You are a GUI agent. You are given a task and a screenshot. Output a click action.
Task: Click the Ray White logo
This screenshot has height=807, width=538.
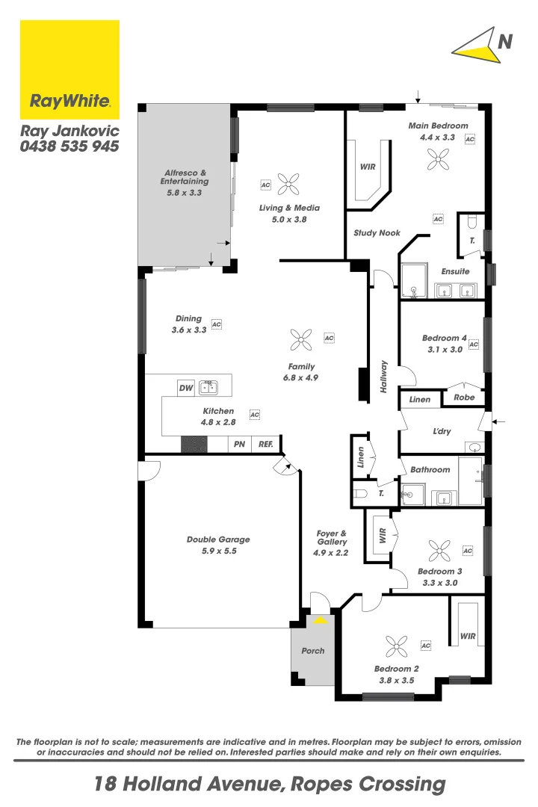click(69, 70)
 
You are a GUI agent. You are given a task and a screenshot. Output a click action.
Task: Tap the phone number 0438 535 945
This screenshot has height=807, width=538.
click(69, 147)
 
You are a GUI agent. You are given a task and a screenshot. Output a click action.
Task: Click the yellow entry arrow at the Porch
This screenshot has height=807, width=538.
click(321, 619)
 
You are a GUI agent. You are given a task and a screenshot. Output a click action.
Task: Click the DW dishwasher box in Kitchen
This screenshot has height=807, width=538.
click(186, 388)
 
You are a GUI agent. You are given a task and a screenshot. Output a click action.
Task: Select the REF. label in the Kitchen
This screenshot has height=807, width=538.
click(265, 445)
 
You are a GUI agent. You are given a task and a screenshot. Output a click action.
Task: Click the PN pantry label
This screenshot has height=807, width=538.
click(239, 445)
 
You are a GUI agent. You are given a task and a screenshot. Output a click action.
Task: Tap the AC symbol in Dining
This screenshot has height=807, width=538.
click(217, 324)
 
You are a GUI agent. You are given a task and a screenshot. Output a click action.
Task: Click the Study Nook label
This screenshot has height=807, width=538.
click(377, 233)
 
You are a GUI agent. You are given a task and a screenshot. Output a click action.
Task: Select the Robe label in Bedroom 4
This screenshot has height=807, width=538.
click(464, 398)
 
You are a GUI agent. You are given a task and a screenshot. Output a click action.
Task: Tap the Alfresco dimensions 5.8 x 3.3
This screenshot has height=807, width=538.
click(185, 192)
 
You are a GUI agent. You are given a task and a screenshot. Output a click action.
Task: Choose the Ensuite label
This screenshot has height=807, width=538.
click(455, 271)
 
